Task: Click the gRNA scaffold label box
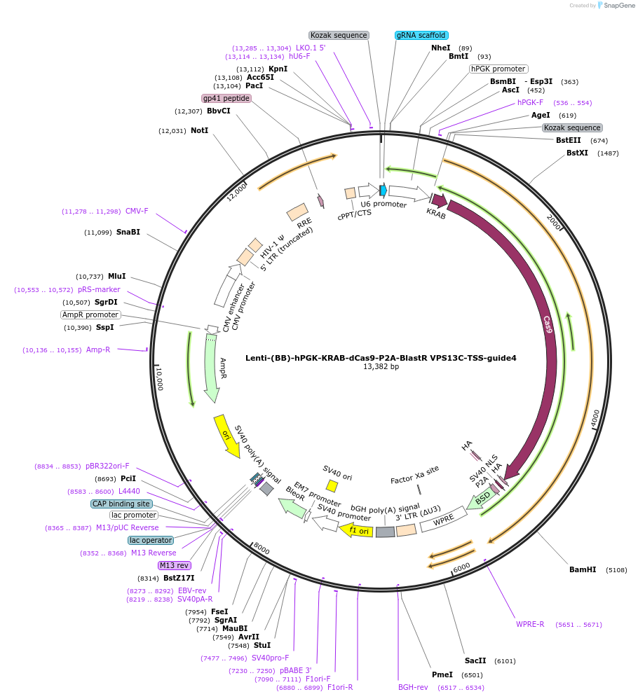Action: pyautogui.click(x=421, y=35)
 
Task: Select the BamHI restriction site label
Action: pyautogui.click(x=583, y=569)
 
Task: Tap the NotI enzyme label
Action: pyautogui.click(x=199, y=130)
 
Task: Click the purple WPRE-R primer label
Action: pyautogui.click(x=530, y=624)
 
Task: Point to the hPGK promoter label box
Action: pyautogui.click(x=498, y=69)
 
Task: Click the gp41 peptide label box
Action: pyautogui.click(x=226, y=98)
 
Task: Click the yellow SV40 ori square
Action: pyautogui.click(x=332, y=486)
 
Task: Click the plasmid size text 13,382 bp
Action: pyautogui.click(x=381, y=366)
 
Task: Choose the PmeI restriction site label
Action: pyautogui.click(x=442, y=674)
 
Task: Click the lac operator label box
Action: pyautogui.click(x=151, y=540)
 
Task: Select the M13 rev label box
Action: pyautogui.click(x=174, y=565)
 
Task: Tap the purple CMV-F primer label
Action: pyautogui.click(x=137, y=211)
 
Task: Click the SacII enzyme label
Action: pyautogui.click(x=475, y=660)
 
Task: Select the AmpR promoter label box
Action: pyautogui.click(x=90, y=315)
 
